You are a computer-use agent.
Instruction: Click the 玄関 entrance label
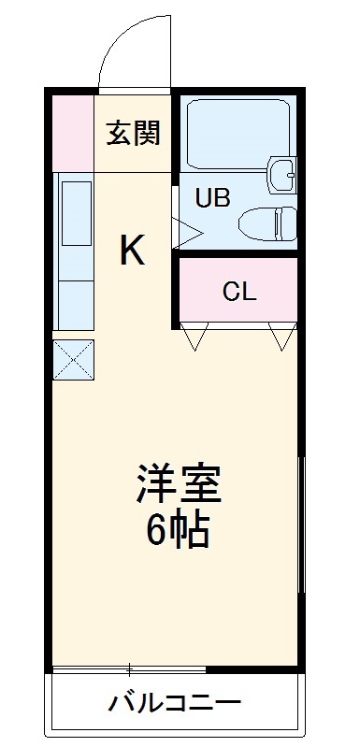pyautogui.click(x=132, y=134)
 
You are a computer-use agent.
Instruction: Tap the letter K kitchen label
pyautogui.click(x=132, y=250)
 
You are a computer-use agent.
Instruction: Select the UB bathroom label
pyautogui.click(x=212, y=197)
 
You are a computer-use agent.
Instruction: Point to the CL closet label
pyautogui.click(x=238, y=291)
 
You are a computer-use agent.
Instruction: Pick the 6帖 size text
pyautogui.click(x=178, y=530)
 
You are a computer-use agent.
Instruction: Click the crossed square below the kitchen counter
pyautogui.click(x=74, y=360)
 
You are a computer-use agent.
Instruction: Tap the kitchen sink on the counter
pyautogui.click(x=76, y=212)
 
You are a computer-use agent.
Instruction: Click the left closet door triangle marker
pyautogui.click(x=194, y=338)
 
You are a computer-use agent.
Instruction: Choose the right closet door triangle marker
pyautogui.click(x=280, y=338)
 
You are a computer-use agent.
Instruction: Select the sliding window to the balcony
pyautogui.click(x=129, y=669)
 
